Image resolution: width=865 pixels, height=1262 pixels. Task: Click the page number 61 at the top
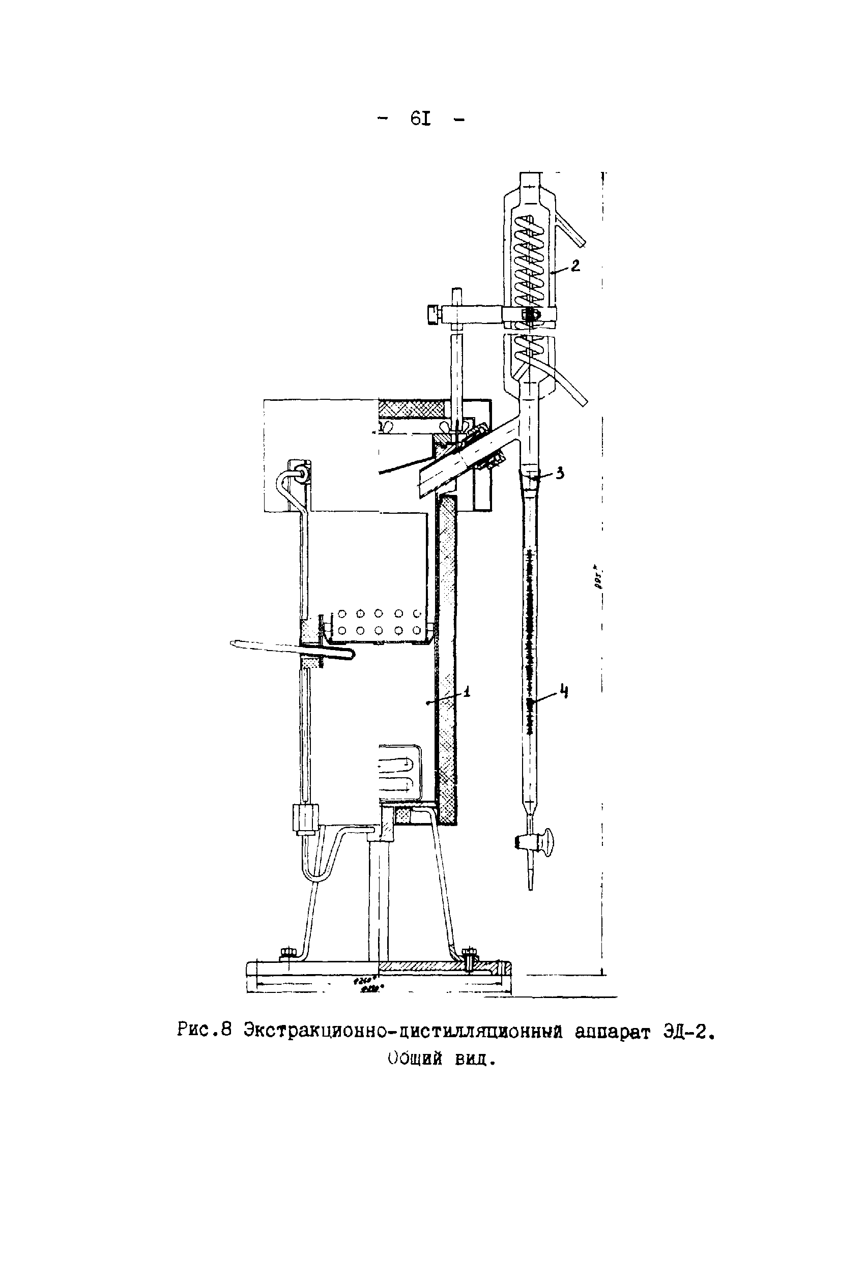pyautogui.click(x=421, y=119)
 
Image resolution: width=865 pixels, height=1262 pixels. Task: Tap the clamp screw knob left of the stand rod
pyautogui.click(x=433, y=315)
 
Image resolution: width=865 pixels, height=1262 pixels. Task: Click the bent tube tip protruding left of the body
pyautogui.click(x=235, y=644)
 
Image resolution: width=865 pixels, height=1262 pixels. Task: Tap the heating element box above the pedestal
pyautogui.click(x=399, y=773)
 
